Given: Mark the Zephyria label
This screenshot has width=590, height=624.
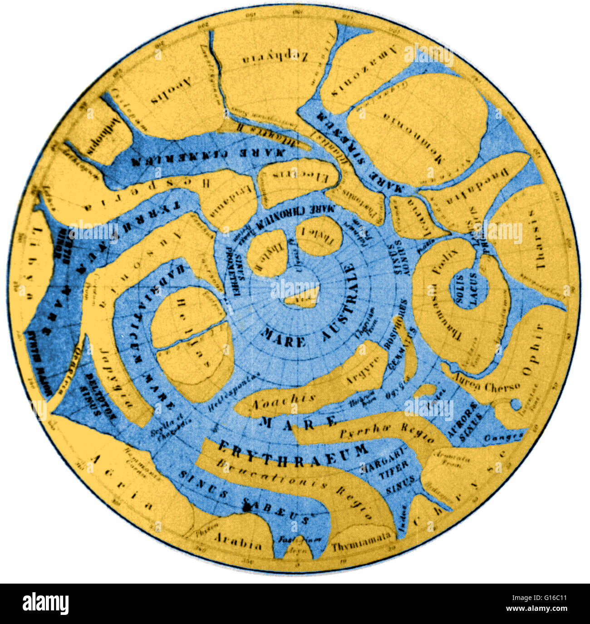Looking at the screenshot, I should click(x=275, y=58).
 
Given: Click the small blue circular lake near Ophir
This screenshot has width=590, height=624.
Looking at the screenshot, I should click(x=516, y=403).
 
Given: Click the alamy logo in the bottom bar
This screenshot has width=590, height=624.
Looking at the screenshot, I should click(x=45, y=604).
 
